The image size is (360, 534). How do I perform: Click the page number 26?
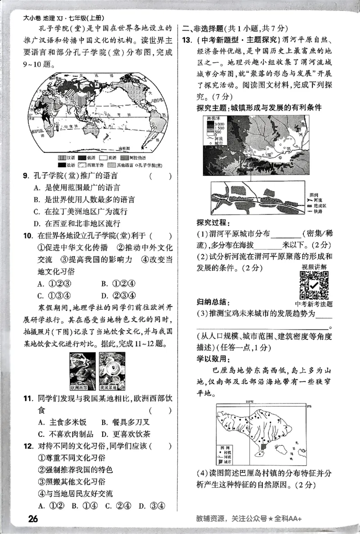(32, 518)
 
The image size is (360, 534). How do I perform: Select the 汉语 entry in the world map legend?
(66, 158)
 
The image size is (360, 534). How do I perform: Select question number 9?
(27, 176)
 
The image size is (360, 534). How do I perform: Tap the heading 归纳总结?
(212, 301)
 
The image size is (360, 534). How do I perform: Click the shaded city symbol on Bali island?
(264, 446)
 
